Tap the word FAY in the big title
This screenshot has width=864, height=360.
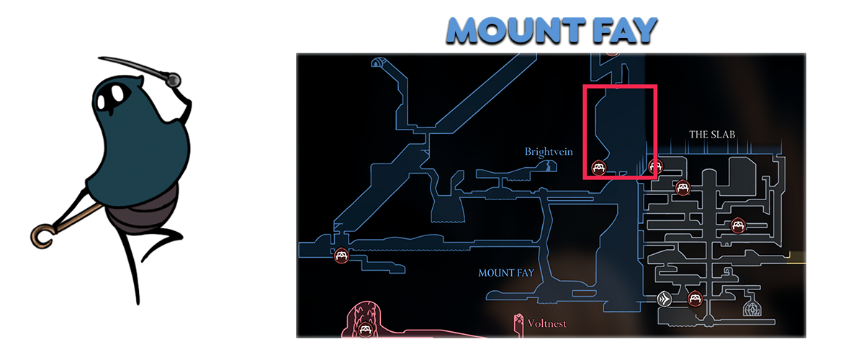coord(624,31)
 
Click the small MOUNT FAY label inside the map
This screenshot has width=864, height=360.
coord(506,273)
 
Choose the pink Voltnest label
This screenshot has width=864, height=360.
coord(546,324)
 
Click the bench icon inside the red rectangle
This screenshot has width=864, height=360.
coord(598,168)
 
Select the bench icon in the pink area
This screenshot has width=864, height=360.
coord(365,330)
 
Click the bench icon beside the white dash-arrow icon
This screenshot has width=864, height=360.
coord(695,298)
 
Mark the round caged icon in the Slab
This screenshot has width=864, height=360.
coord(757,309)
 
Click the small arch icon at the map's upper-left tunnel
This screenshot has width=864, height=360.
coord(377,63)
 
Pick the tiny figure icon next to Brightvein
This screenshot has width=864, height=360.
coord(551,166)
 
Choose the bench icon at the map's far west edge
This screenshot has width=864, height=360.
coord(341,254)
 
